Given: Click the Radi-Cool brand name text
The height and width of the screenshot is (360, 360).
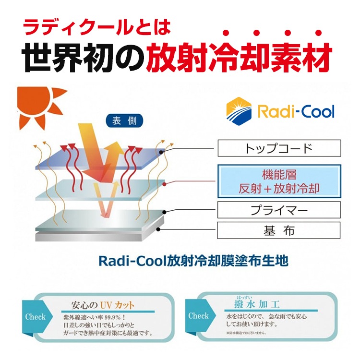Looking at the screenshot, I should pyautogui.click(x=296, y=112).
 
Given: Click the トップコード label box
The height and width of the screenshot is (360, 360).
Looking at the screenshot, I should pyautogui.click(x=279, y=148).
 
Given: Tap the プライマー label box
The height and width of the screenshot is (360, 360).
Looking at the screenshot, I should pyautogui.click(x=279, y=210).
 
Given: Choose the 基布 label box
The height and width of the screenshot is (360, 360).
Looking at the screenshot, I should pyautogui.click(x=279, y=231).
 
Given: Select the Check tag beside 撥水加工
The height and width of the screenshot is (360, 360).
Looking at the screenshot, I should pyautogui.click(x=198, y=315).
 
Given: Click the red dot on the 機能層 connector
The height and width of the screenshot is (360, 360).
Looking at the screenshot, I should pyautogui.click(x=165, y=183).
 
